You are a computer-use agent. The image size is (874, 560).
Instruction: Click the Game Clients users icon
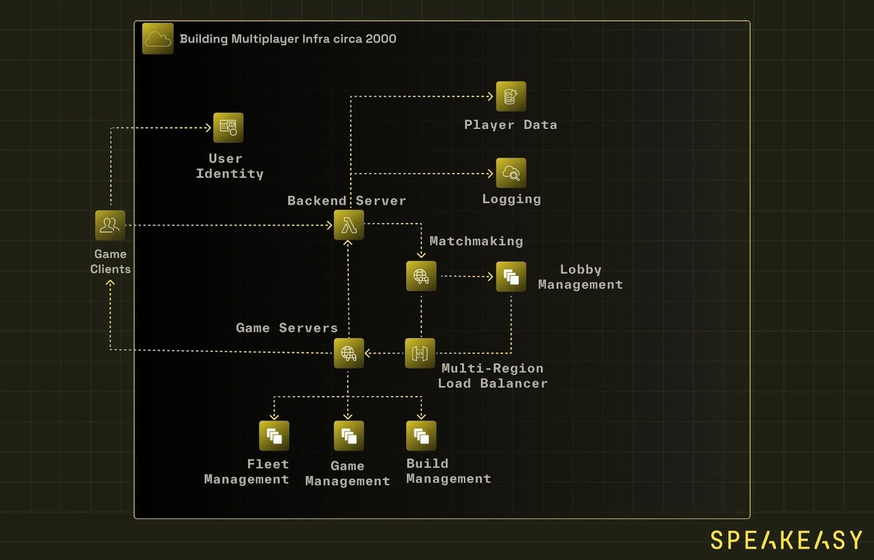pos(110,226)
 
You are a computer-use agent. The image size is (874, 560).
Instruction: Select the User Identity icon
pos(228,128)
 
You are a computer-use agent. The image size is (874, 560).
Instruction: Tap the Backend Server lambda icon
pos(349,225)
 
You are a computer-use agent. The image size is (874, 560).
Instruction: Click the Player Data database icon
pos(511,96)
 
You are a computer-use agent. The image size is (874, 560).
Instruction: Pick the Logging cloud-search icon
pos(511,173)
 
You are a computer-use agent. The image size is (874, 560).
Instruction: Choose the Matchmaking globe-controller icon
pos(421,276)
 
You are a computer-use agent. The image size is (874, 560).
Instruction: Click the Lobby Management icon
pos(511,277)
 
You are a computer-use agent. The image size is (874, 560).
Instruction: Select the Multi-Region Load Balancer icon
pos(420,353)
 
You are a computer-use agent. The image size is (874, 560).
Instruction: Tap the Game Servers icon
pos(348,353)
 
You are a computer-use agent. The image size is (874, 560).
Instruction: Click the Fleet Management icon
pos(274,436)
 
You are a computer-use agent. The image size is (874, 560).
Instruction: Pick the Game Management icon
pos(348,436)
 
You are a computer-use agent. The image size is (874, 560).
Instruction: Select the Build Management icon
pos(421,436)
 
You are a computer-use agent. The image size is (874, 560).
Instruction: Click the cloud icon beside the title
pos(158,39)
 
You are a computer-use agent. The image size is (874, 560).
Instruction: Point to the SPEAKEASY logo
pos(786,540)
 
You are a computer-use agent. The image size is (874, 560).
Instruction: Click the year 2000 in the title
pos(381,39)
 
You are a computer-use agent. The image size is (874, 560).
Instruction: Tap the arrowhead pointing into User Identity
pos(209,128)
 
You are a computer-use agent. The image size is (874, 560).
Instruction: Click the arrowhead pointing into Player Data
pos(491,96)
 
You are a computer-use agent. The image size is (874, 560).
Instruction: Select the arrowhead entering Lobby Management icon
pos(491,276)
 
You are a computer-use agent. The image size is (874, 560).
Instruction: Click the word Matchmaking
pos(476,241)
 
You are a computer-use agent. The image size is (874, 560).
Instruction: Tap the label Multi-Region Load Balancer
pos(492,376)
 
